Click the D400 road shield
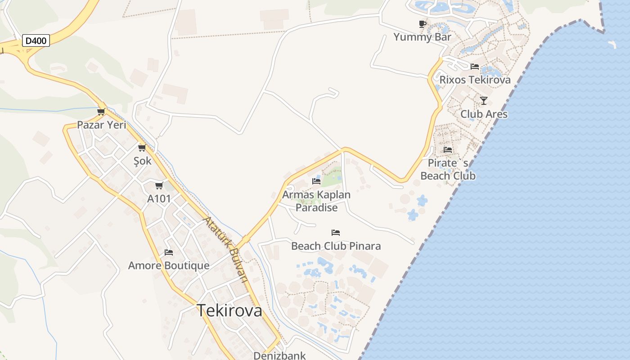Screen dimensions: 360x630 (x=36, y=40)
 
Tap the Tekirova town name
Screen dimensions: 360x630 (x=229, y=310)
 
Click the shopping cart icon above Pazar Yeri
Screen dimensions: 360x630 (x=101, y=112)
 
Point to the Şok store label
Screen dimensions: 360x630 (x=143, y=161)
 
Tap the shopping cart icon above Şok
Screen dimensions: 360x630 (x=142, y=148)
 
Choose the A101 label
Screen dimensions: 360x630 (x=159, y=198)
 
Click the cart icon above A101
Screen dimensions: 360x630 (x=159, y=185)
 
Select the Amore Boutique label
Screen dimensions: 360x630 (x=169, y=265)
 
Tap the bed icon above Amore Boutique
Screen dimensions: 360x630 (x=169, y=252)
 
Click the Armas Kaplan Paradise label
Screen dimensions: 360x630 (x=316, y=201)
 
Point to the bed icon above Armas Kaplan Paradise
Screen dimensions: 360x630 (x=316, y=181)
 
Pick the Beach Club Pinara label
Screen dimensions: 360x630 (x=336, y=246)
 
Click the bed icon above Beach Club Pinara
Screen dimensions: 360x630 (x=336, y=233)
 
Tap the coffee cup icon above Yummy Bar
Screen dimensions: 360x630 (x=422, y=24)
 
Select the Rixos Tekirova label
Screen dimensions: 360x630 (x=475, y=80)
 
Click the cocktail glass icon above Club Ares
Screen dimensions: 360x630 (x=484, y=100)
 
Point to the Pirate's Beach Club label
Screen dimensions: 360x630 (x=448, y=169)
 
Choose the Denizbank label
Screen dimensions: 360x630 (x=279, y=355)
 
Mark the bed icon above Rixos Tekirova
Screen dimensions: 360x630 (x=475, y=67)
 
